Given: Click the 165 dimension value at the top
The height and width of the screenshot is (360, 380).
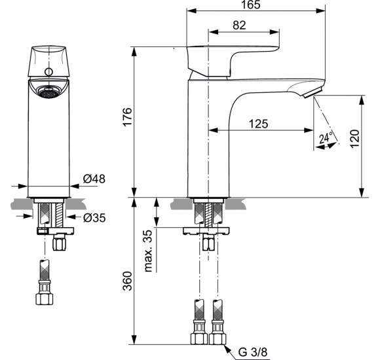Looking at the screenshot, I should [250, 5].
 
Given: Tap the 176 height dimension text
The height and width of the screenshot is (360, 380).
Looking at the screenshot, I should [128, 117].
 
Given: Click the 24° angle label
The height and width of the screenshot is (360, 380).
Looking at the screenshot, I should [326, 138].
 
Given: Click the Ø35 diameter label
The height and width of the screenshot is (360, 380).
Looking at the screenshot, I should [96, 217].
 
